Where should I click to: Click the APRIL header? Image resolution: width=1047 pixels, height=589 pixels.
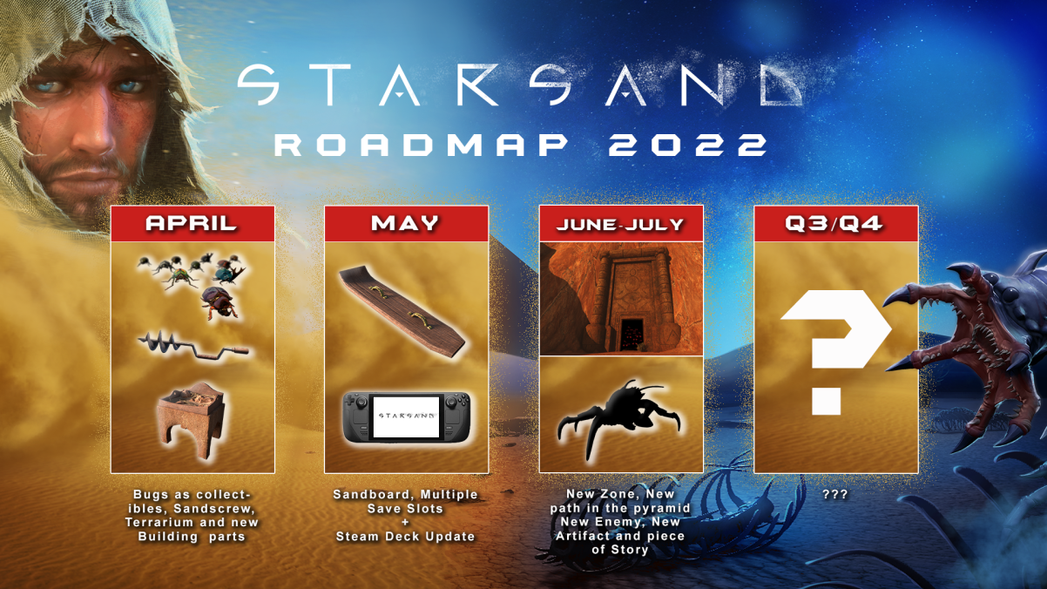191,223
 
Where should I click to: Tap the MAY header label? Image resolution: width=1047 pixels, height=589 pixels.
405,223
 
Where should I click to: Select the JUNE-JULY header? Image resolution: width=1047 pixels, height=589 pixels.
620,225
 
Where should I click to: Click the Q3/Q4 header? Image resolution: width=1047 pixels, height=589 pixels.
834,223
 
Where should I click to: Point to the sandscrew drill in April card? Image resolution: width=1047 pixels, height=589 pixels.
193,346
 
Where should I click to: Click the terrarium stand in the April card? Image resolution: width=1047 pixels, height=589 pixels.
191,420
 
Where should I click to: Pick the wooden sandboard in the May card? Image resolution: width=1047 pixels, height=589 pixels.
401,310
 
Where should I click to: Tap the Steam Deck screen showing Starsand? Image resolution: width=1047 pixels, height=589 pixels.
406,416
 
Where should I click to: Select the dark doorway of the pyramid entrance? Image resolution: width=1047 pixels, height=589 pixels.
632,334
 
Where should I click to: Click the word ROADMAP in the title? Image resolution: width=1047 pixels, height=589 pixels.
421,145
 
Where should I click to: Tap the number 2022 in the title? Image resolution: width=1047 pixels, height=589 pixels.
687,145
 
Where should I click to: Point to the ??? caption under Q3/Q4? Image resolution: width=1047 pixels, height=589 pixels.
834,494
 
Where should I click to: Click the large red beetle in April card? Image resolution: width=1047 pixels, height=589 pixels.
219,302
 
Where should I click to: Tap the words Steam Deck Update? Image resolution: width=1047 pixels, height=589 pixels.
405,536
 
